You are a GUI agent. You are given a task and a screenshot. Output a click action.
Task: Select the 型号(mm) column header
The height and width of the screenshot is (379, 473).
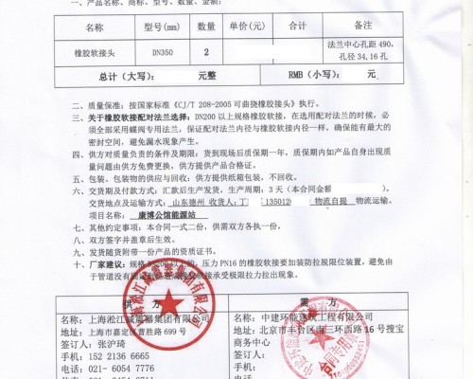[164, 28]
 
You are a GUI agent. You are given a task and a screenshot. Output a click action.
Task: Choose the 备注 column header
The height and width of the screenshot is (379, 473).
[367, 28]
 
